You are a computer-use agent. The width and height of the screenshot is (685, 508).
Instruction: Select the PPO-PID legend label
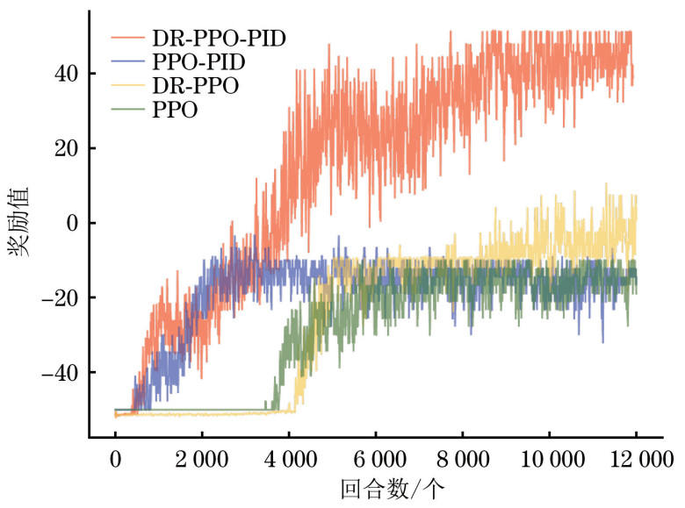point(198,62)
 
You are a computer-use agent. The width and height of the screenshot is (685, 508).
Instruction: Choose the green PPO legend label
point(173,111)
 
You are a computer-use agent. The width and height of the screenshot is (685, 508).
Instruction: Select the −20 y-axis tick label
point(59,298)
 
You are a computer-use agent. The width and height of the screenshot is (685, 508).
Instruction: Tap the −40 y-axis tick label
point(59,373)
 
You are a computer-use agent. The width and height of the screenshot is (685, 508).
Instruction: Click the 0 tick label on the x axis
point(115,460)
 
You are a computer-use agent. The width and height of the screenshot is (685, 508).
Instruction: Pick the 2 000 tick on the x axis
point(201,460)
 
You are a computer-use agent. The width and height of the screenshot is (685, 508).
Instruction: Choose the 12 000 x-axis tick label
point(636,460)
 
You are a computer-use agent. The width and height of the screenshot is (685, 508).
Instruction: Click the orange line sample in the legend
point(128,39)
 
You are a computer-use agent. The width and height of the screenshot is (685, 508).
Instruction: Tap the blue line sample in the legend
point(128,63)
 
